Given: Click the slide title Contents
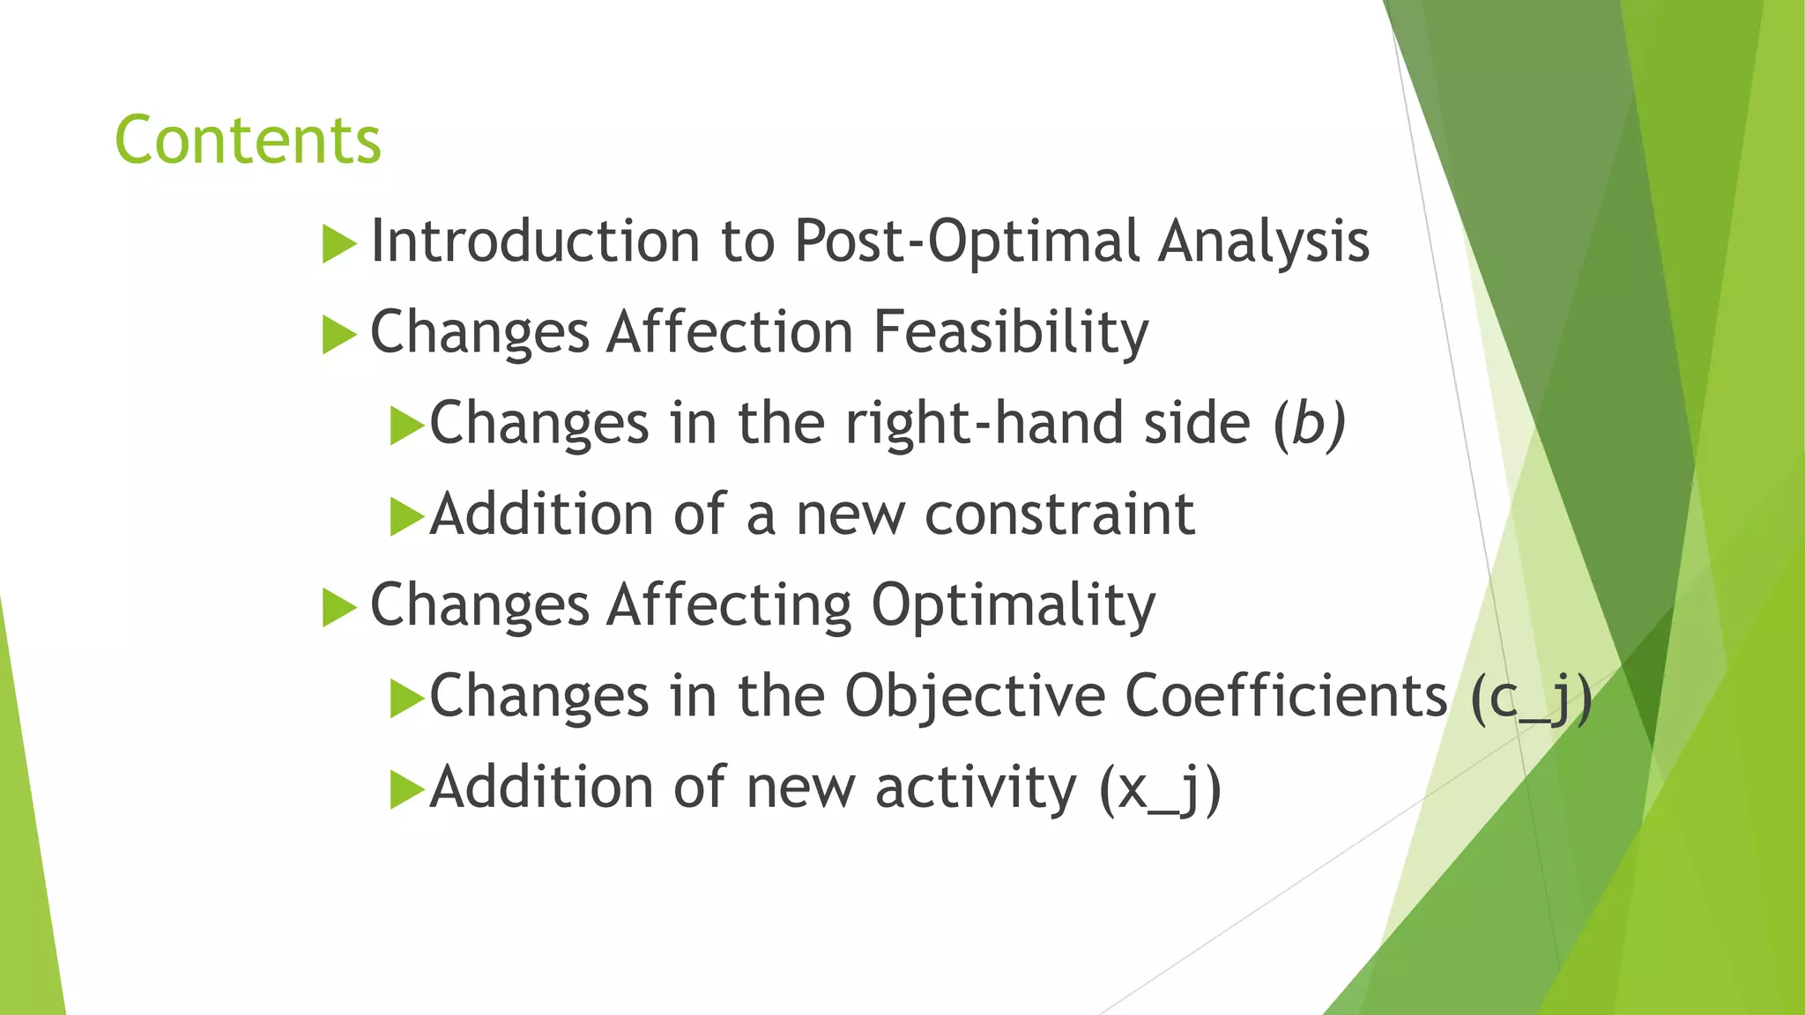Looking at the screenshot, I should pos(248,141).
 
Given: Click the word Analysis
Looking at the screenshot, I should pos(1264,241).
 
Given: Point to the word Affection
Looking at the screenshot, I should pos(730,333).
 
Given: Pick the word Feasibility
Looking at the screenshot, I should pos(1011,333).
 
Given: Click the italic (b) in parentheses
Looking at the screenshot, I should pos(1310,424).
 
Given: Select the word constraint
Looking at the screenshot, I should pos(1059,515).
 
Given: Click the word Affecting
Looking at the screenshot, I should pos(730,606).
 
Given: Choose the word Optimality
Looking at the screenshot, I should pos(1014,606).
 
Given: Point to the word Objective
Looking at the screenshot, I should pos(974,697).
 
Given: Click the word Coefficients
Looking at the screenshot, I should pos(1286,697).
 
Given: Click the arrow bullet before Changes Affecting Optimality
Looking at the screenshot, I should pos(339,608).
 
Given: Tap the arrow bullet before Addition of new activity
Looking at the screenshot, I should pos(406,789).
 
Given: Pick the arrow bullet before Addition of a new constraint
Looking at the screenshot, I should pos(406,516).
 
